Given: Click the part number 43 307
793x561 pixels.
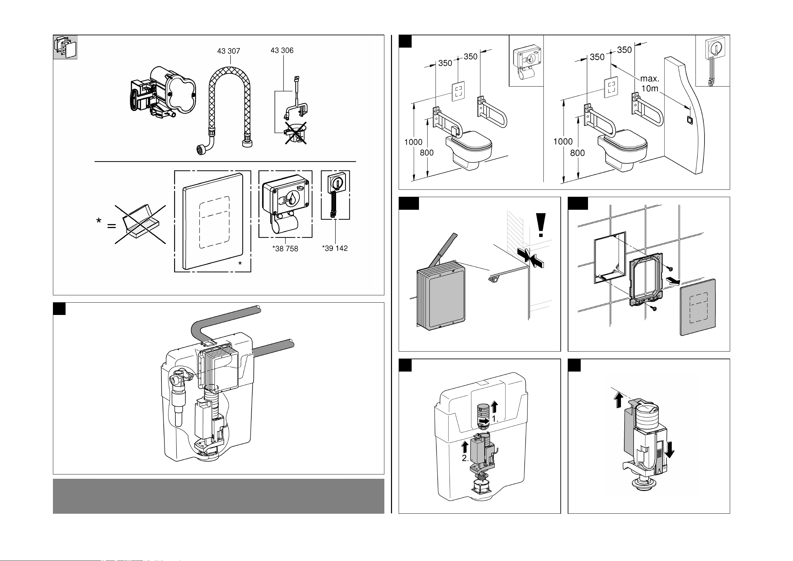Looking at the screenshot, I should [228, 51].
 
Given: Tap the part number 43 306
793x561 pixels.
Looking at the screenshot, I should [282, 51].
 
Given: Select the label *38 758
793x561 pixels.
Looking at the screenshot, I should [285, 248].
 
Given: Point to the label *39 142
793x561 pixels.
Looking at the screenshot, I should [335, 248].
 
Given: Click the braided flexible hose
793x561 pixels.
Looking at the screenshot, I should [229, 104].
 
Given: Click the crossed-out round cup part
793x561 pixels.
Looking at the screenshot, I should [296, 134].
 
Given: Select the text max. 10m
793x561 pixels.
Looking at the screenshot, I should [650, 84].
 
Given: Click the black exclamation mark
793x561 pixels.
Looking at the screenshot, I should [541, 225].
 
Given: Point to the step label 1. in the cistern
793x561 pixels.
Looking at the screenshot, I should [495, 419].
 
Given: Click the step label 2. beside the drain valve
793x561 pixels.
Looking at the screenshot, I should [465, 458].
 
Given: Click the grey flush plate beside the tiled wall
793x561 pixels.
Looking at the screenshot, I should [697, 307].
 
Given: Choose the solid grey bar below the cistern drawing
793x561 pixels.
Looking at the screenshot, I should [218, 496].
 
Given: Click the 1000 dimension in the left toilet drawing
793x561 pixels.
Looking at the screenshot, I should [413, 142].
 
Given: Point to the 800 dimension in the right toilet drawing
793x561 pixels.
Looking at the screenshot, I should [577, 153].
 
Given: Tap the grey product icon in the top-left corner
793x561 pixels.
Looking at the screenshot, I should [65, 47].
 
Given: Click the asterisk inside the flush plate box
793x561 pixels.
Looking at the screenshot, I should [240, 264].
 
